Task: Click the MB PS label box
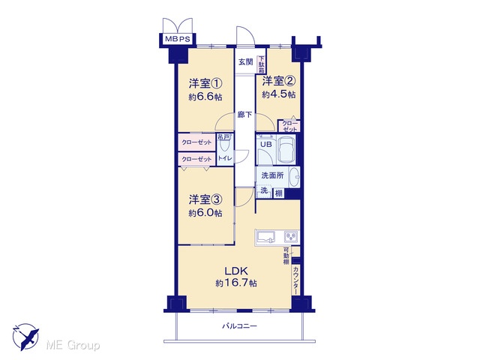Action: coord(178,39)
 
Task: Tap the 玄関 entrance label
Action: coord(245,61)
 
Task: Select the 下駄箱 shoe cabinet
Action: coord(261,64)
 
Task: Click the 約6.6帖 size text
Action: coord(205,97)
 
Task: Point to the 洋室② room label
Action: coord(278,81)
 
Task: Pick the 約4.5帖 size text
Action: coord(278,94)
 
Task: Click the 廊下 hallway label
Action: coord(245,115)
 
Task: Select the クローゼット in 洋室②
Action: coord(289,126)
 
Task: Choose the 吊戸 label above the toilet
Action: coord(223,136)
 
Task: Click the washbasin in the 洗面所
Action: coord(294,177)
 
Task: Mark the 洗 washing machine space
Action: coord(264,190)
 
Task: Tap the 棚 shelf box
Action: coord(278,193)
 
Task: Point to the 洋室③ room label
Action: coord(205,199)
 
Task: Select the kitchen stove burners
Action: coord(291,236)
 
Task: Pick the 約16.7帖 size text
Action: coord(236,283)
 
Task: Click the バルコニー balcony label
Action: coord(239,326)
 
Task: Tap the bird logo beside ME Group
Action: coord(26,337)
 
